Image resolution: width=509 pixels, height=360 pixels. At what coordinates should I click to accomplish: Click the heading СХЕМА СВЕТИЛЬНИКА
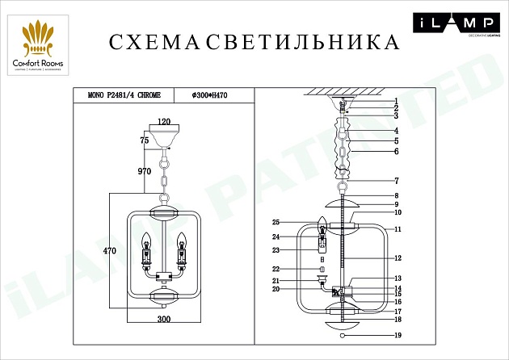(253, 42)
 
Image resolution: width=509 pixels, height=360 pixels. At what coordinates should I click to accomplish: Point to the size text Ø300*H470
(209, 94)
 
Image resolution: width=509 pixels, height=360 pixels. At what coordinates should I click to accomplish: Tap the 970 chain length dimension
(145, 171)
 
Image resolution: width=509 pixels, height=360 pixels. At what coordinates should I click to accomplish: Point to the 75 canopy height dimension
(145, 140)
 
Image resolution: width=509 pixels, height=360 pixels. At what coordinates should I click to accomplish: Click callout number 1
(397, 100)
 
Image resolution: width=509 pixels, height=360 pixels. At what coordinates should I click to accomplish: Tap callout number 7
(397, 181)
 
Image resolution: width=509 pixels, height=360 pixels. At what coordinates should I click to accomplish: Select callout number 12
(397, 258)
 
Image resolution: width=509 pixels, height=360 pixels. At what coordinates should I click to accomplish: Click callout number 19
(397, 334)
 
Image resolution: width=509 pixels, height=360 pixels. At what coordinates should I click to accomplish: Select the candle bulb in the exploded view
(322, 222)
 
